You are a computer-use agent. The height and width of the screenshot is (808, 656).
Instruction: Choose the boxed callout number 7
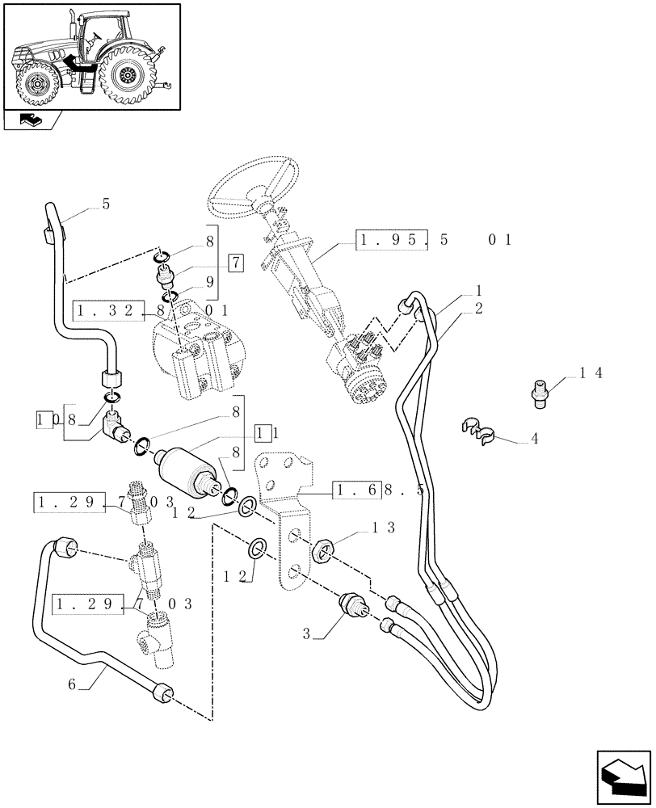tap(234, 263)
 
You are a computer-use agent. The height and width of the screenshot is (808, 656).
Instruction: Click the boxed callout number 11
tap(267, 433)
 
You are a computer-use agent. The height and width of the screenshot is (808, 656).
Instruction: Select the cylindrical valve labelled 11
tap(191, 470)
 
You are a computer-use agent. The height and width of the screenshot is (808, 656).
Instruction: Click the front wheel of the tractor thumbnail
tap(37, 84)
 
